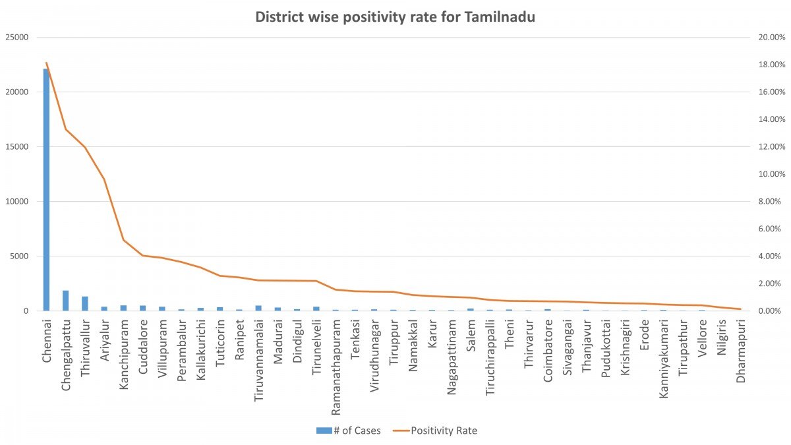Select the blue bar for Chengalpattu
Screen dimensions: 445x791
click(65, 301)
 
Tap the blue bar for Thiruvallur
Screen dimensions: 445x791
click(84, 304)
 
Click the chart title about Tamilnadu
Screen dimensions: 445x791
click(395, 17)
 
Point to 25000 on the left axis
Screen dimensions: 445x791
click(17, 37)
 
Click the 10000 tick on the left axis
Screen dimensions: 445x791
click(17, 201)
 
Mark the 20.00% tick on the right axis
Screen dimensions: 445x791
click(765, 37)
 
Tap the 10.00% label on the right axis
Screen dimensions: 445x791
click(765, 174)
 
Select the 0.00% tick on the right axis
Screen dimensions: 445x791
click(765, 311)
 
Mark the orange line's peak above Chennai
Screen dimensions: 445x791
click(46, 63)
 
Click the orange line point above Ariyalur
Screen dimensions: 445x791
click(104, 179)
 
